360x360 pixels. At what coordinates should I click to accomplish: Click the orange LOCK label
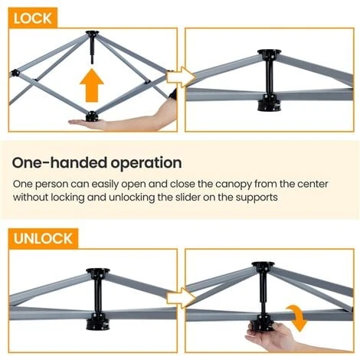[33, 18]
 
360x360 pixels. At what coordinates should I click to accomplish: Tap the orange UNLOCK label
[43, 238]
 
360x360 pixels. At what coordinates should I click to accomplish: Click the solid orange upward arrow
[92, 86]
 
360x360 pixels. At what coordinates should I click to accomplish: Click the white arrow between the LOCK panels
[181, 77]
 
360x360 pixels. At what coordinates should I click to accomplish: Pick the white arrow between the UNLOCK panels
[181, 298]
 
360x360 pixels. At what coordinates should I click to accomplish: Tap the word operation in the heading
[146, 164]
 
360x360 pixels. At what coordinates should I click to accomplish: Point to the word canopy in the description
[234, 185]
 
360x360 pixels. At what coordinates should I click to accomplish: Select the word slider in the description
[187, 197]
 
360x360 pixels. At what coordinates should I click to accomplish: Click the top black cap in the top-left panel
[92, 34]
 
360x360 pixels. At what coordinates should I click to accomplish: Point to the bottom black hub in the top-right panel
[269, 103]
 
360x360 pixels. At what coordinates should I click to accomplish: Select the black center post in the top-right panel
[269, 74]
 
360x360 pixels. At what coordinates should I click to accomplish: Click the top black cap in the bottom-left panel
[98, 272]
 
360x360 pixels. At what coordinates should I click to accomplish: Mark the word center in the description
[313, 184]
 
